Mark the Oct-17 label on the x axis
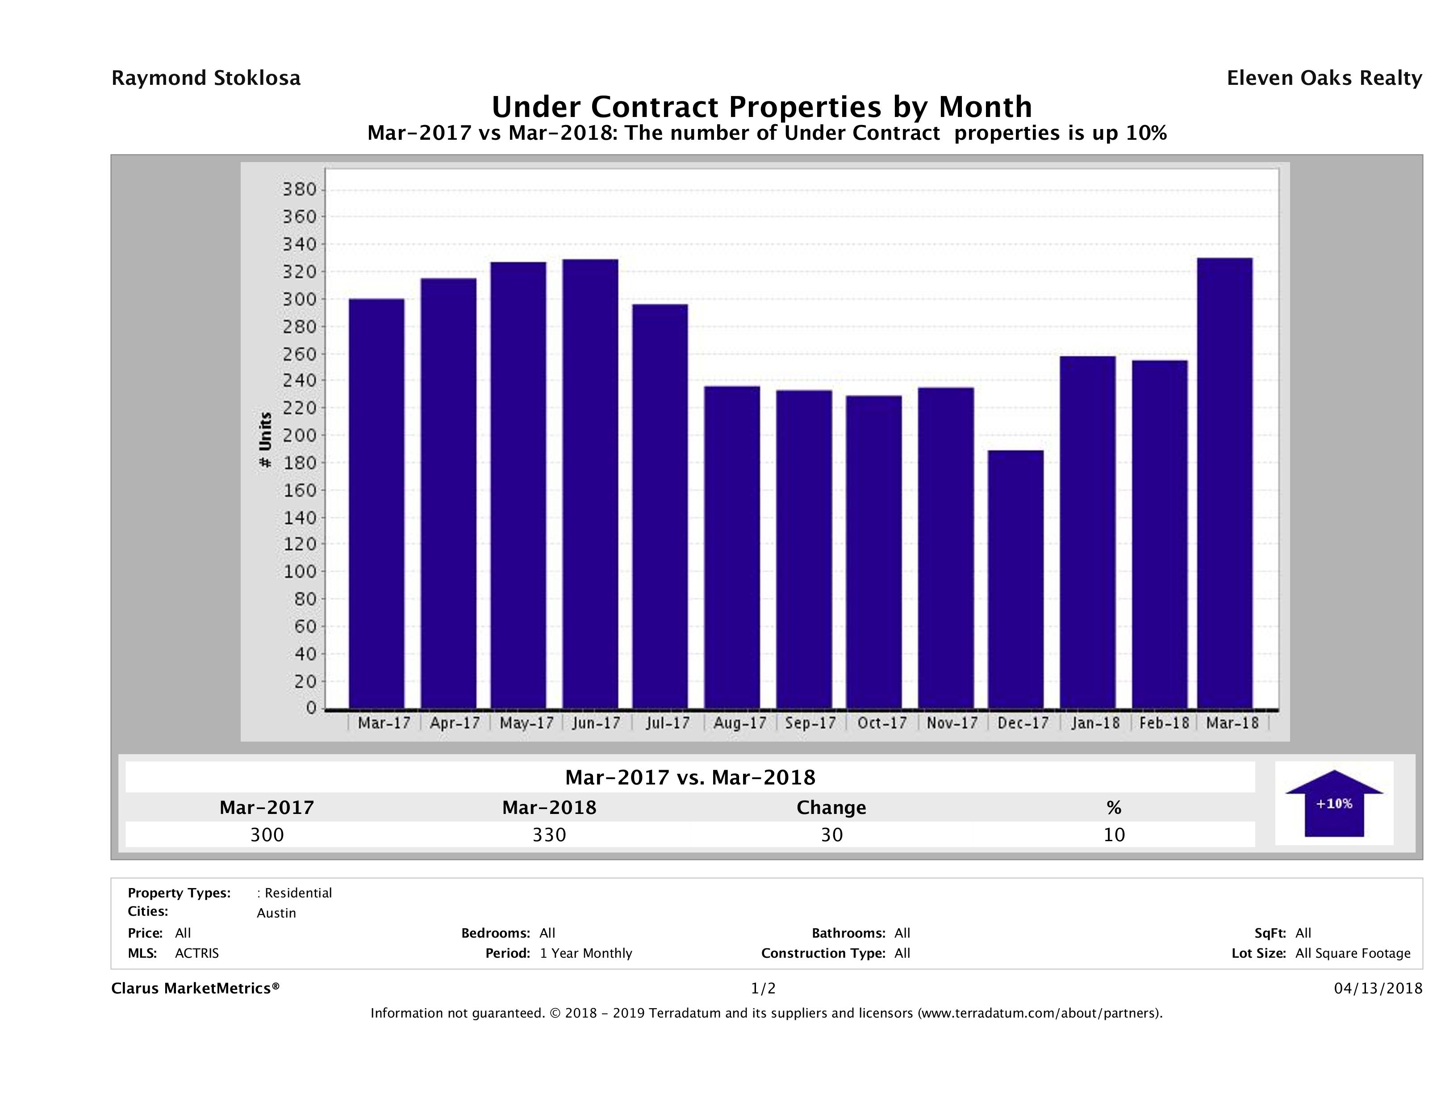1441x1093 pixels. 882,723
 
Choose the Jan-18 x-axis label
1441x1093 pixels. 1095,723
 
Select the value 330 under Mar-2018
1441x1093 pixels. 549,834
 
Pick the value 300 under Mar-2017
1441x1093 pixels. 267,834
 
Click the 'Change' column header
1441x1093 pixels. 831,808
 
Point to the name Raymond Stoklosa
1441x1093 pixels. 206,78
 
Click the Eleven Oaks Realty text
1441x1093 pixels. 1324,78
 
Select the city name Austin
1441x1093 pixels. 276,913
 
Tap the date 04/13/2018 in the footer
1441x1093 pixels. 1378,989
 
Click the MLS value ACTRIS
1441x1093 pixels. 197,954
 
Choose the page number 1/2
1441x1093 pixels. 763,989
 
